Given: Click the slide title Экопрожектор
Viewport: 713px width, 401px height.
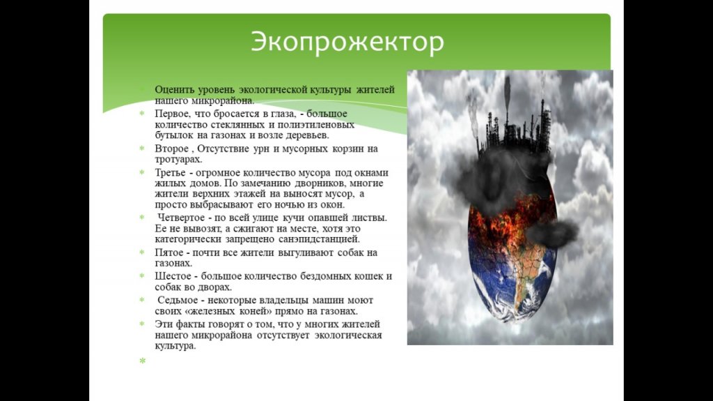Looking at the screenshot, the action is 347,43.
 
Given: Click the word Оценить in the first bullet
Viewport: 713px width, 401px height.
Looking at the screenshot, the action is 173,90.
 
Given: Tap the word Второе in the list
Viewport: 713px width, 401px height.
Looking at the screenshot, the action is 171,149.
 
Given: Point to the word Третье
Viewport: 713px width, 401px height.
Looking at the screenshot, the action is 170,173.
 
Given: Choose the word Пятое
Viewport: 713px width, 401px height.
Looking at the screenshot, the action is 169,252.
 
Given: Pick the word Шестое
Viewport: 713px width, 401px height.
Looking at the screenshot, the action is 173,276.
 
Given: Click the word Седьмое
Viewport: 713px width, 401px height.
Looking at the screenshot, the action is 178,301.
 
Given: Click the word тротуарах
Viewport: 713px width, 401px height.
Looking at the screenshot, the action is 178,160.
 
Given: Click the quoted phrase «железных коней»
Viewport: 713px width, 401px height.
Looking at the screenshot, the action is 214,311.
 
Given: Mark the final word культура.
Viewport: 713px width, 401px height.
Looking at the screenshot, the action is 175,346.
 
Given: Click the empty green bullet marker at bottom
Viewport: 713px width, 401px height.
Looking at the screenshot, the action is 143,361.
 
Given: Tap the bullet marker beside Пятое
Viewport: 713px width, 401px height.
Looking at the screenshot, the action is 142,252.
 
